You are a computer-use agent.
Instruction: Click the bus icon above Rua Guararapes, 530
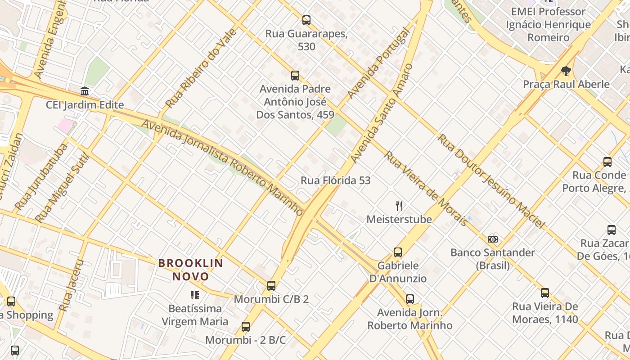click(306, 20)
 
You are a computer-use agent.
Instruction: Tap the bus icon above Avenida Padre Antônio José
click(295, 76)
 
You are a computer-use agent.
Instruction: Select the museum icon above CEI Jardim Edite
click(85, 91)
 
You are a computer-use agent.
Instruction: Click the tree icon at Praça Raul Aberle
click(566, 71)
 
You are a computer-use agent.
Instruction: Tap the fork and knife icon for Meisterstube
click(399, 206)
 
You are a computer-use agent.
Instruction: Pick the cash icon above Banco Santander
click(493, 239)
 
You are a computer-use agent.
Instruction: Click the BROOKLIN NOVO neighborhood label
click(191, 270)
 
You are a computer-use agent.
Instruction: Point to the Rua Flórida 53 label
click(336, 180)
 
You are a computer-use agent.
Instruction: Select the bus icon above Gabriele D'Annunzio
click(398, 252)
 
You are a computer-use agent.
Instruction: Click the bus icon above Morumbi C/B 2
click(271, 286)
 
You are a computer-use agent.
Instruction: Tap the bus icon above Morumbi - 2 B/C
click(246, 327)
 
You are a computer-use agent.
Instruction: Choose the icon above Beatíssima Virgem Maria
click(195, 295)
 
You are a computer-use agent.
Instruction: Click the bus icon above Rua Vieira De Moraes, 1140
click(545, 293)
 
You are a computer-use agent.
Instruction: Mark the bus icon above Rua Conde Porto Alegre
click(607, 162)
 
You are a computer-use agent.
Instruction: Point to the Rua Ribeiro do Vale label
click(201, 68)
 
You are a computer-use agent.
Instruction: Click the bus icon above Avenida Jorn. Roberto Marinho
click(410, 299)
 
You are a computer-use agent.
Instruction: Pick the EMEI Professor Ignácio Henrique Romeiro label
click(548, 24)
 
